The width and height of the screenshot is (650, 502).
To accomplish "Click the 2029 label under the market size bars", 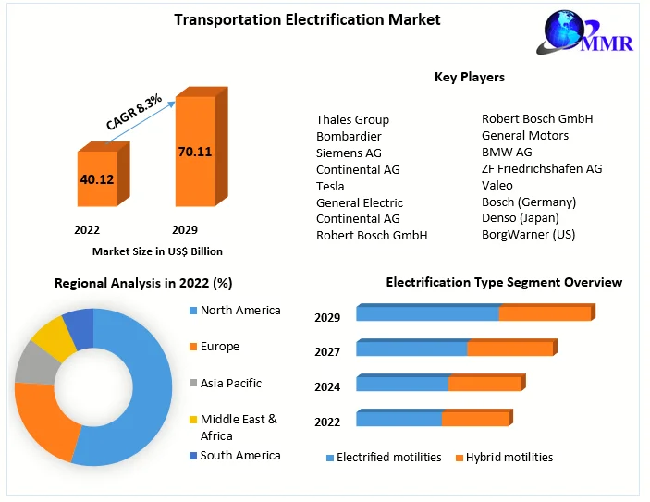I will click(184, 229).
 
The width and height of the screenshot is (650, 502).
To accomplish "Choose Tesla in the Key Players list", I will click(330, 186).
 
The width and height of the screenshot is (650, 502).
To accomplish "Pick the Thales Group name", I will click(352, 119).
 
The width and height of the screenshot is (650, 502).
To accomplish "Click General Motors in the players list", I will click(525, 135).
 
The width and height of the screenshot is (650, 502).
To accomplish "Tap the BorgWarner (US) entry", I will click(528, 234).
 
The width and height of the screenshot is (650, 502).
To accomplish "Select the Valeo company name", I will click(497, 185).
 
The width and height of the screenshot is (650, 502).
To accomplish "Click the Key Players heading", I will click(470, 77).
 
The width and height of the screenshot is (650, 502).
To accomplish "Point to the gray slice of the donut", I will click(33, 362).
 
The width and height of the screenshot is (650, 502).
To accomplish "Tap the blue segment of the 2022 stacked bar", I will click(399, 419).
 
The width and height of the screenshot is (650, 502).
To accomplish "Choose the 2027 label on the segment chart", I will click(327, 351).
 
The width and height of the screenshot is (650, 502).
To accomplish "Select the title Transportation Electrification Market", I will click(308, 19).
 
